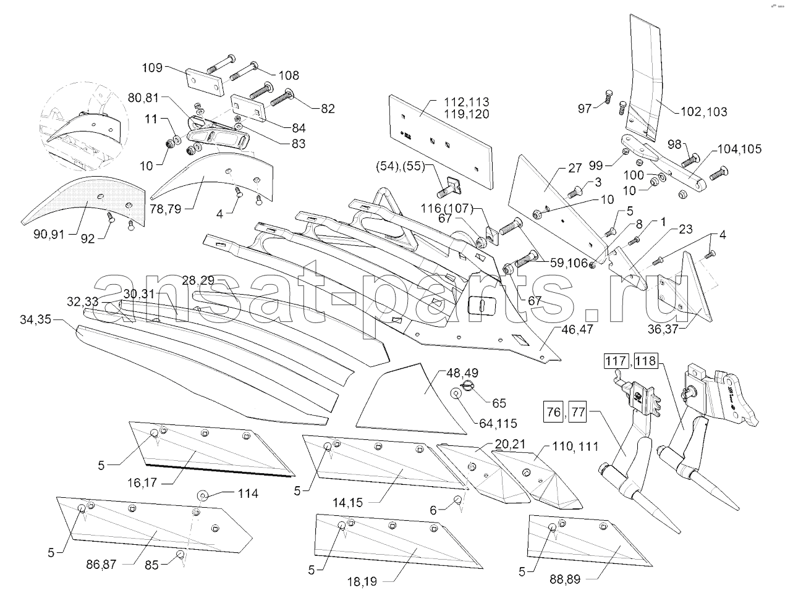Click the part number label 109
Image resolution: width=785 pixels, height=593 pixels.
tap(152, 68)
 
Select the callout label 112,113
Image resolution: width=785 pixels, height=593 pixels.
tap(466, 102)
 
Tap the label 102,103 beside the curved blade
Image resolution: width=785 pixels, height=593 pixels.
tap(703, 112)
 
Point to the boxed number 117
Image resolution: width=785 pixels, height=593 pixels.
tap(616, 361)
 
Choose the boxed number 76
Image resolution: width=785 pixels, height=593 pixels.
tap(554, 413)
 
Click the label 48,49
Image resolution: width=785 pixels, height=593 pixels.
tap(462, 373)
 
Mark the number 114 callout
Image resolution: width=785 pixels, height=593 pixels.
tap(248, 494)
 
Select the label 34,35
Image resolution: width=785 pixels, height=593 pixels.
tap(36, 319)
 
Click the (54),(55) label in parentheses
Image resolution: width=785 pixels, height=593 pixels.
tap(401, 166)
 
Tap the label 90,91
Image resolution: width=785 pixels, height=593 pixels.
tap(49, 234)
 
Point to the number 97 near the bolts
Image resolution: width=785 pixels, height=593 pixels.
tap(585, 109)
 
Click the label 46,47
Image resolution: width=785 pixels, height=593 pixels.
tap(577, 329)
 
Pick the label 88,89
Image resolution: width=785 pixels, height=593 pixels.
tap(565, 579)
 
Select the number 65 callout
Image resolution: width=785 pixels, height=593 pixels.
tap(499, 403)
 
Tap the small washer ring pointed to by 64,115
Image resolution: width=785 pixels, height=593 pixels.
tap(456, 393)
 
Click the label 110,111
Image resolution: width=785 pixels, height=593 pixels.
tap(575, 447)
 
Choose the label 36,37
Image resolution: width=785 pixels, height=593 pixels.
tap(663, 329)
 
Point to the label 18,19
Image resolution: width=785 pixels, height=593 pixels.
tap(362, 581)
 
